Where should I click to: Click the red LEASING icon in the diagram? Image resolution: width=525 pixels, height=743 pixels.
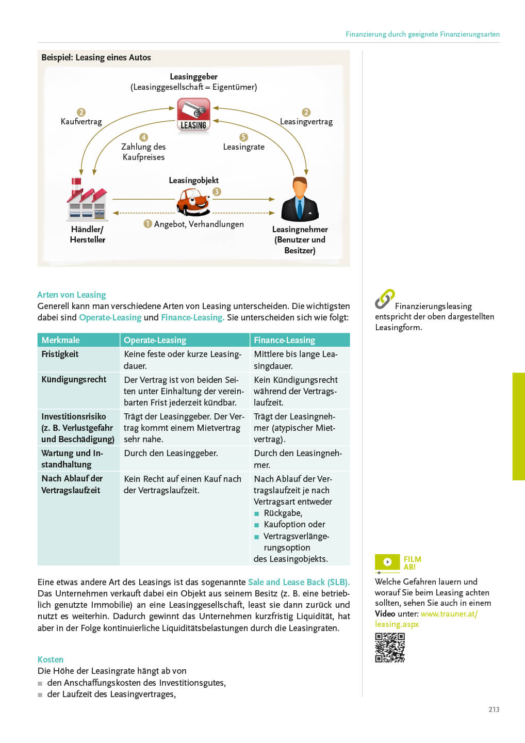click(x=193, y=115)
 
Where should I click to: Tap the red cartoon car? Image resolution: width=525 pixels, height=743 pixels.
click(x=193, y=201)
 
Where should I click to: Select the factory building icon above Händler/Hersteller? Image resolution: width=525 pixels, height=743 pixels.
click(x=87, y=200)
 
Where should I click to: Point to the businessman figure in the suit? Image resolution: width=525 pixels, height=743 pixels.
click(x=300, y=200)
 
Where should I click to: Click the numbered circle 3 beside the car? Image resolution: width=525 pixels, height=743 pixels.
click(x=217, y=191)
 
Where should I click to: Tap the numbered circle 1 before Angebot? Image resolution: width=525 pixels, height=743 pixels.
click(x=148, y=223)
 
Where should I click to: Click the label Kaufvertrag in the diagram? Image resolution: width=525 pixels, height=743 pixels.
click(x=81, y=122)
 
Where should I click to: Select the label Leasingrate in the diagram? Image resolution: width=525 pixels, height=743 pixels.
click(x=243, y=147)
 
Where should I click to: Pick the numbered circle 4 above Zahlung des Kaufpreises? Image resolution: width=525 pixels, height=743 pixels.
click(x=143, y=137)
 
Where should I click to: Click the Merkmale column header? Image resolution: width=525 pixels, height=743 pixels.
click(x=61, y=340)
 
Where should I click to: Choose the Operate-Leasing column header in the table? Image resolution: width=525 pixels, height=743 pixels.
click(x=155, y=340)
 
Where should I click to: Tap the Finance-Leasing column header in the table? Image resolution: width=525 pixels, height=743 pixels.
click(x=284, y=340)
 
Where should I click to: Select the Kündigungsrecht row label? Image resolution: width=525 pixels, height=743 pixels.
click(x=74, y=379)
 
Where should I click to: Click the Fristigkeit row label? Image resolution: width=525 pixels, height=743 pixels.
click(x=60, y=354)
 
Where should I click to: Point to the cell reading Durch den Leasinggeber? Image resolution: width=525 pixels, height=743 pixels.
click(x=171, y=453)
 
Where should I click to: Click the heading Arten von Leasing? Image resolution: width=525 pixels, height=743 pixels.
click(x=72, y=295)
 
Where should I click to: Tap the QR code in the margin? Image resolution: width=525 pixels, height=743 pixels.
click(x=390, y=648)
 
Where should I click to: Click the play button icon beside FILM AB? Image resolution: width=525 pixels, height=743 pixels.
click(x=387, y=562)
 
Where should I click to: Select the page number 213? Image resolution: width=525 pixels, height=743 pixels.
click(x=494, y=709)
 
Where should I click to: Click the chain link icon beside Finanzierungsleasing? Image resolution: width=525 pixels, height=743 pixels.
click(x=384, y=299)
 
